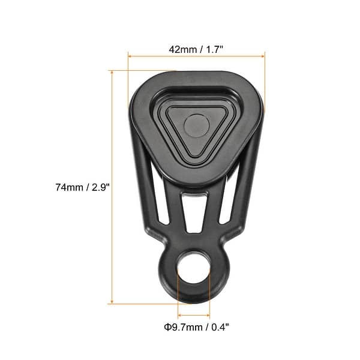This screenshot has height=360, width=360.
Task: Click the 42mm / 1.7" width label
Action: [x=197, y=50]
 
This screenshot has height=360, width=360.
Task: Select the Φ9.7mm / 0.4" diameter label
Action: [x=197, y=327]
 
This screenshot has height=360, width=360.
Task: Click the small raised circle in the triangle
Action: [x=196, y=125]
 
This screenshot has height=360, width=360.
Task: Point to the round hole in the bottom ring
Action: [x=194, y=268]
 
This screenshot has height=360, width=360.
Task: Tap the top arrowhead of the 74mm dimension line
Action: [x=111, y=73]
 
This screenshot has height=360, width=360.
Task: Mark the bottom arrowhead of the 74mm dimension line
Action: [x=111, y=301]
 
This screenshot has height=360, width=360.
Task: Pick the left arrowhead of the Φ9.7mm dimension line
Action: [x=180, y=314]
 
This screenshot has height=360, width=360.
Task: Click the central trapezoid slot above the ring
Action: [x=194, y=213]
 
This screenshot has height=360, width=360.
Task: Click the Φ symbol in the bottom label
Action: [x=167, y=327]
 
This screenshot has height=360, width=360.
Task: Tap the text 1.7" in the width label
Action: [x=214, y=50]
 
